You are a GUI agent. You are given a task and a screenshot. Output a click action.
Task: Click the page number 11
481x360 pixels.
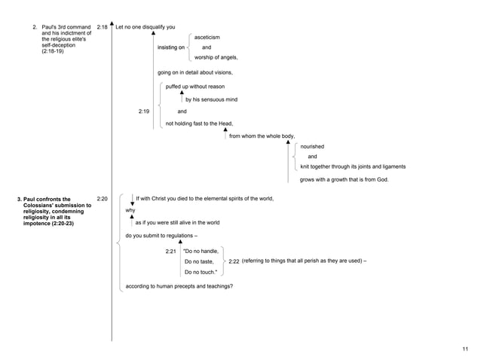point(465,348)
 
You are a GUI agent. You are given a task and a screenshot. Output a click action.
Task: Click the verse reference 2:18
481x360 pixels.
point(103,27)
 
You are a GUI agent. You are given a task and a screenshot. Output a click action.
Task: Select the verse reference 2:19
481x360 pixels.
point(144,111)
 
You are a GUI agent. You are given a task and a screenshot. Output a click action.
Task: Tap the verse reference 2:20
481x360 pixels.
point(103,199)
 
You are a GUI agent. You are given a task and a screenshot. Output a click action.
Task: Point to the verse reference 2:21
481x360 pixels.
point(170,250)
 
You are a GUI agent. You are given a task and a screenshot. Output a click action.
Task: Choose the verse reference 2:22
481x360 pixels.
point(233,261)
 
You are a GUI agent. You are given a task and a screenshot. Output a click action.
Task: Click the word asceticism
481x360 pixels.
point(207,37)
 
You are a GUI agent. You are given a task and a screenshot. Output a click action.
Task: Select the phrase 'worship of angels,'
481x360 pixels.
point(216,57)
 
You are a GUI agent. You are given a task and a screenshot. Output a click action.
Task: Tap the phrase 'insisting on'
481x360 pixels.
point(171,47)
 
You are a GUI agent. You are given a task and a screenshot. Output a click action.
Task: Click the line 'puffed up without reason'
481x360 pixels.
point(195,87)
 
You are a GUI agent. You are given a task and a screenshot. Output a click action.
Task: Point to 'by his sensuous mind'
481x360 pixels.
point(211,99)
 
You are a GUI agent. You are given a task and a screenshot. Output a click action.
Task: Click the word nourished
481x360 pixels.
point(312,146)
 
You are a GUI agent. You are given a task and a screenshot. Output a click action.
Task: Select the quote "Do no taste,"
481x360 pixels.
point(199,261)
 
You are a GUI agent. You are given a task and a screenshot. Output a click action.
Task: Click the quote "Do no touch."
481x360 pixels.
point(201,272)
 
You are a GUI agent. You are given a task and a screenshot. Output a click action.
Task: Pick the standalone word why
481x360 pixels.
point(130,210)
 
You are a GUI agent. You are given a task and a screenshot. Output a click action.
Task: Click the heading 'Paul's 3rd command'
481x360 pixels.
point(65,27)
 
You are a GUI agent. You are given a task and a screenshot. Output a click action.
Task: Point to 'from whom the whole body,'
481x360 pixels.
point(262,136)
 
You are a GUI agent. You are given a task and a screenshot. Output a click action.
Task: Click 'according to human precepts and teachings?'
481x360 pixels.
point(179,286)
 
